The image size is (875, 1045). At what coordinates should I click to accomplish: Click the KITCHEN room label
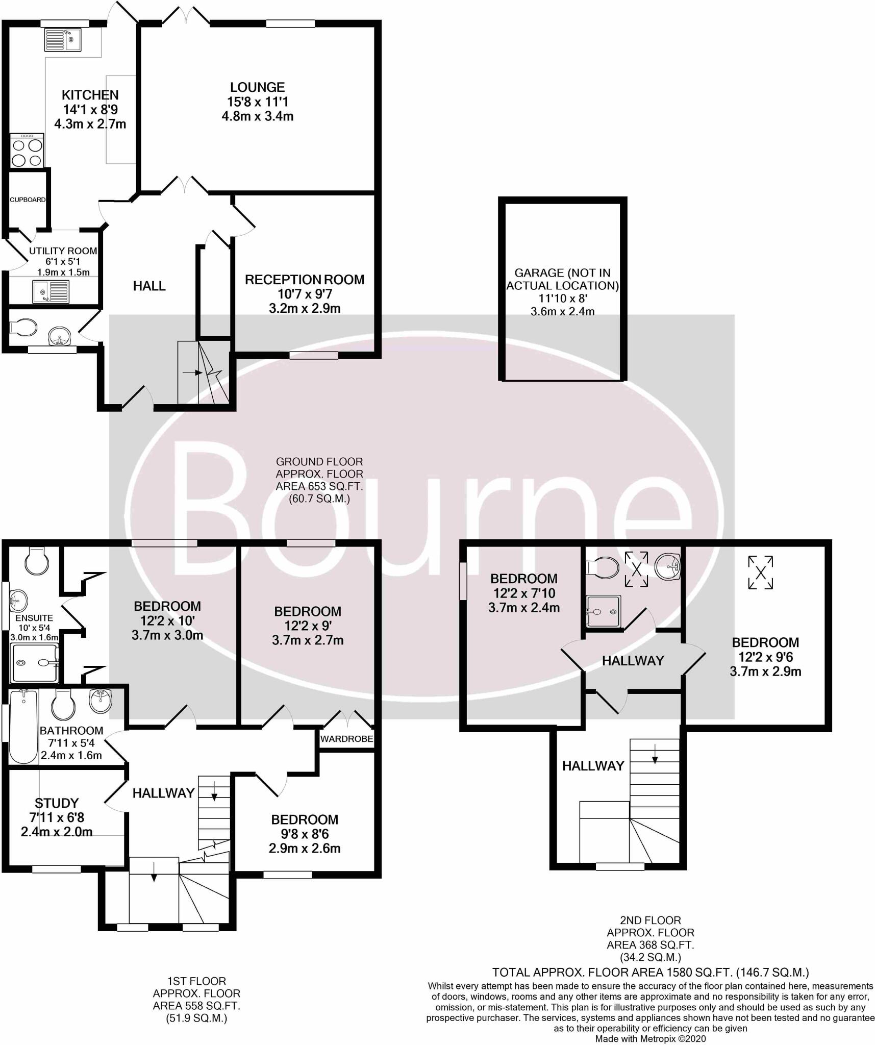coord(90,95)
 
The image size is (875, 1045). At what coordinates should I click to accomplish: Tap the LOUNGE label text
coord(257,87)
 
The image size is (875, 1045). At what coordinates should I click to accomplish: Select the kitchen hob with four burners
coord(27,151)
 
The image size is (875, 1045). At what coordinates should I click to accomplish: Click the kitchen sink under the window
coord(63,39)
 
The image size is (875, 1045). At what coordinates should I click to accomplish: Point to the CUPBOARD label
coord(28,200)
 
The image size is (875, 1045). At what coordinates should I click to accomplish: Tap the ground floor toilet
coord(24,328)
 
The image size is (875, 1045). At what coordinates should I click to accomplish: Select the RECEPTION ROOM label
coord(305,280)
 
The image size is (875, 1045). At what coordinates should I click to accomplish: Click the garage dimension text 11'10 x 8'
coord(562,298)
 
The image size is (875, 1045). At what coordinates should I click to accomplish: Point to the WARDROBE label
coord(346,739)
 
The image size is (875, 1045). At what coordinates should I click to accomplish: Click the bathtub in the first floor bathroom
coord(23,726)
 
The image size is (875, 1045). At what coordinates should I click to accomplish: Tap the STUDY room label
coord(57,803)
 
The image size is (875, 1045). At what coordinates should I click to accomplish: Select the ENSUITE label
coord(34,618)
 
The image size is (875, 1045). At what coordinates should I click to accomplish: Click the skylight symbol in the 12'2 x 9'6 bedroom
coord(760,573)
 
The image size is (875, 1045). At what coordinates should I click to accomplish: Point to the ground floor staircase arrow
coord(192,373)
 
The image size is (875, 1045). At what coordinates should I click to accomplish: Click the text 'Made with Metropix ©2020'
coord(650,1038)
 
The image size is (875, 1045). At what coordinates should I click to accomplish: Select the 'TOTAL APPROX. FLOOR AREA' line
coord(650,972)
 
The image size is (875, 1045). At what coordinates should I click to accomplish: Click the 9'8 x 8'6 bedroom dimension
coord(305,834)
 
